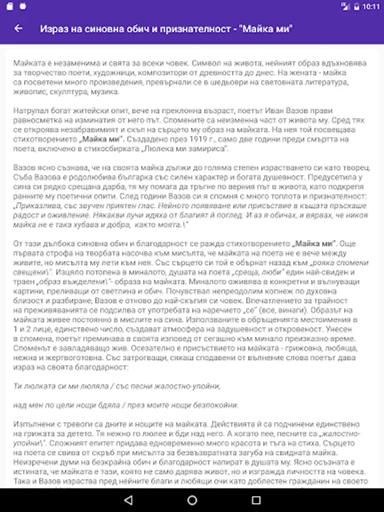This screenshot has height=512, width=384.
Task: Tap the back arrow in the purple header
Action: pyautogui.click(x=18, y=28)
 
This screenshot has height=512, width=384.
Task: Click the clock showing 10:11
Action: pyautogui.click(x=370, y=7)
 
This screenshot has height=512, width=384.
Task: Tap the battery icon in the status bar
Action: pyautogui.click(x=356, y=7)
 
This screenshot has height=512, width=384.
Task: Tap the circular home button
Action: pyautogui.click(x=192, y=500)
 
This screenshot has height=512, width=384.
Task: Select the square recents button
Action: pyautogui.click(x=256, y=500)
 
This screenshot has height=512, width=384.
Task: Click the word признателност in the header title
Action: pyautogui.click(x=203, y=28)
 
